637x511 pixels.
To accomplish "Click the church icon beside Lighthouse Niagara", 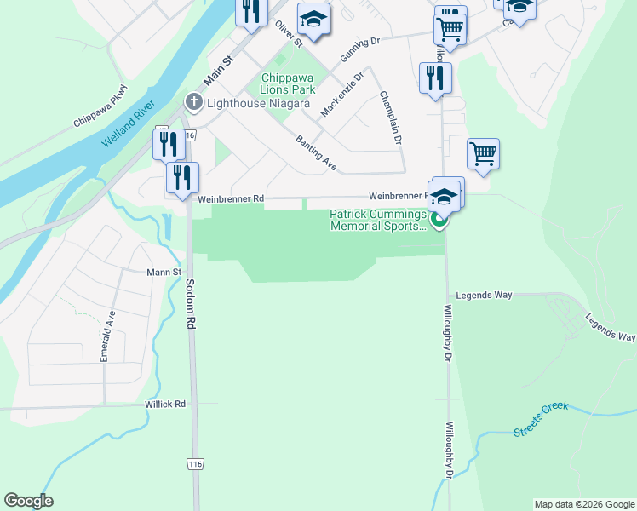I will (x=194, y=103).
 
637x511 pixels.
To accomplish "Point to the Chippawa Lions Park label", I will (x=288, y=83).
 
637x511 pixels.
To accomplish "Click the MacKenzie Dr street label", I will (x=342, y=94).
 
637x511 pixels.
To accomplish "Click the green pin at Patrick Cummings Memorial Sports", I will (x=439, y=221).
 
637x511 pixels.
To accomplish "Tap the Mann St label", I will (x=165, y=273).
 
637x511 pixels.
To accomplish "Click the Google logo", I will (x=28, y=501).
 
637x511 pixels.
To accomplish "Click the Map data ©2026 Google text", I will (x=583, y=504).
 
